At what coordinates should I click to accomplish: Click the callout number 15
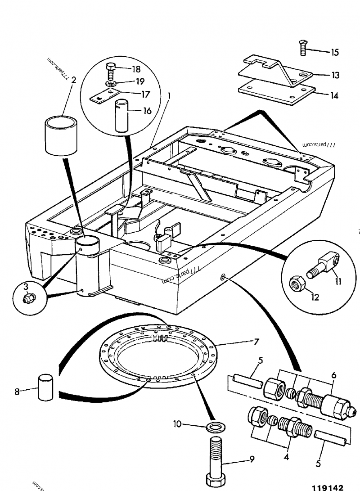coord(335,53)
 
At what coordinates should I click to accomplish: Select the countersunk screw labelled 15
coord(303,47)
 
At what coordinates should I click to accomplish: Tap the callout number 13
coord(336,75)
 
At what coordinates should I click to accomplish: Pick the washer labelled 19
coord(111,84)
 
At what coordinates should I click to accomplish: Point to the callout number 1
coord(169,95)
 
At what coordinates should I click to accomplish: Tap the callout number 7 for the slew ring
coord(256,342)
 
